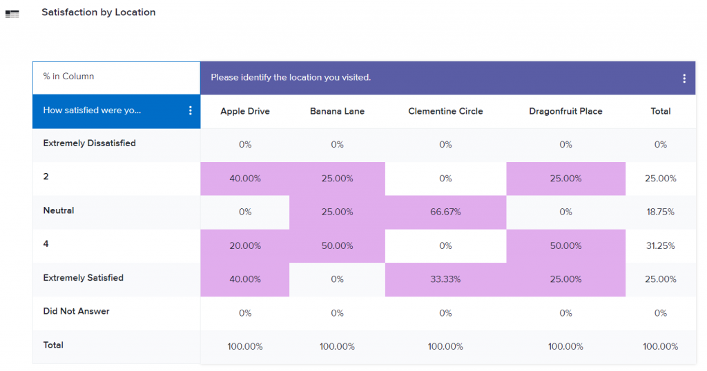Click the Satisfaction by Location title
[x=98, y=12]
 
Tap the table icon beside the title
[x=12, y=14]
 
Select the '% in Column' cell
[x=68, y=77]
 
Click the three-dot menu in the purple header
[x=684, y=79]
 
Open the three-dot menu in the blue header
[x=191, y=111]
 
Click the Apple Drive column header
[x=245, y=111]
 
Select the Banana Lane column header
[x=337, y=111]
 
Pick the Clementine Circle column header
[x=445, y=111]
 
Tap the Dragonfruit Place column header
[x=565, y=111]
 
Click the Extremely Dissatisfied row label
[x=89, y=143]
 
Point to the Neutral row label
[x=59, y=210]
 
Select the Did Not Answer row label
[x=76, y=311]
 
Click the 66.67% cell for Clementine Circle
[x=445, y=212]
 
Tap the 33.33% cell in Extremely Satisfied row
[x=445, y=279]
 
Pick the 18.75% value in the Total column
[x=660, y=212]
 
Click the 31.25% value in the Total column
[x=660, y=246]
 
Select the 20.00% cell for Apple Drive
[x=245, y=246]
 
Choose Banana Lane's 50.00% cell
[x=337, y=246]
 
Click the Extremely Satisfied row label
[x=83, y=278]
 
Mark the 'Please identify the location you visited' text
[x=291, y=77]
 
